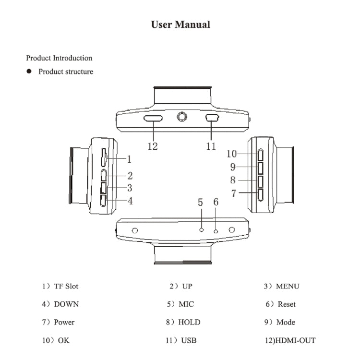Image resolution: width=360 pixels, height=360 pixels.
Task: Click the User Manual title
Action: pyautogui.click(x=180, y=24)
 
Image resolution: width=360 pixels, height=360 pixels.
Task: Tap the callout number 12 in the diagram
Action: pyautogui.click(x=153, y=146)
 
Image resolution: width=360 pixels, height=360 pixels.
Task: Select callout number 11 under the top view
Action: pyautogui.click(x=211, y=146)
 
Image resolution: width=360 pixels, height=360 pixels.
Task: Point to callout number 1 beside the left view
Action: pyautogui.click(x=129, y=159)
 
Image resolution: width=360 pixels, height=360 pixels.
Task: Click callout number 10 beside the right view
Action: pyautogui.click(x=232, y=154)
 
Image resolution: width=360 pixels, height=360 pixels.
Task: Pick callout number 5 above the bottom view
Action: pyautogui.click(x=201, y=202)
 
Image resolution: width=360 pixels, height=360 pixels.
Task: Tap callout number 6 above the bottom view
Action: pyautogui.click(x=216, y=202)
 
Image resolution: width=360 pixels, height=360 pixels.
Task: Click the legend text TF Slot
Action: pyautogui.click(x=66, y=286)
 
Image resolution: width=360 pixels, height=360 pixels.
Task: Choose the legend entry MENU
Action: pyautogui.click(x=288, y=286)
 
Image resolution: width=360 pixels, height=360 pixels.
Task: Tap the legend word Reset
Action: pyautogui.click(x=287, y=304)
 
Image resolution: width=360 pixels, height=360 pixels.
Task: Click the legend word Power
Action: pyautogui.click(x=64, y=322)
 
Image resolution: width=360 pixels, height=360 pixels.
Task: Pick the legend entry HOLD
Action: pyautogui.click(x=189, y=322)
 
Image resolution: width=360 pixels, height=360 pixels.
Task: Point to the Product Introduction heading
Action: pyautogui.click(x=59, y=58)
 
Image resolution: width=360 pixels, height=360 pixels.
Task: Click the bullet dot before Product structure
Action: pyautogui.click(x=29, y=72)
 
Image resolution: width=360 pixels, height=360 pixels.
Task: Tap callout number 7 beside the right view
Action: pyautogui.click(x=234, y=193)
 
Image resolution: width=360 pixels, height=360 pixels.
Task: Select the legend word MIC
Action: pyautogui.click(x=186, y=304)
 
